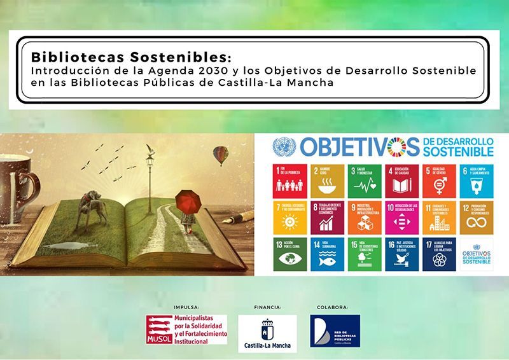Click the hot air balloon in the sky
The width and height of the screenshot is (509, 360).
(x=220, y=155)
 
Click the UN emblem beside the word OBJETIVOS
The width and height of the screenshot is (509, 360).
(x=280, y=148)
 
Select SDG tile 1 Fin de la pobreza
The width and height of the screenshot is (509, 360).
(x=289, y=181)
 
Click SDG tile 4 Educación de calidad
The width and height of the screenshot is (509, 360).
(x=401, y=181)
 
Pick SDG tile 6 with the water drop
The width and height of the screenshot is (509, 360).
(x=477, y=181)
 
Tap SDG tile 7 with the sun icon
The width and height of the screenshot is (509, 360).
(x=289, y=218)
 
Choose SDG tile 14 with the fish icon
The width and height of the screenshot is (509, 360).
(x=327, y=254)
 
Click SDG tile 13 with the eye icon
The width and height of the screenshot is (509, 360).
(x=289, y=254)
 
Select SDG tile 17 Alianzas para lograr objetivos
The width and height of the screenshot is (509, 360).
(x=439, y=254)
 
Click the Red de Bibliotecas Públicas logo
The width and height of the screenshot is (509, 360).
(x=335, y=331)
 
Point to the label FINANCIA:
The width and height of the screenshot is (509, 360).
(x=267, y=307)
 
